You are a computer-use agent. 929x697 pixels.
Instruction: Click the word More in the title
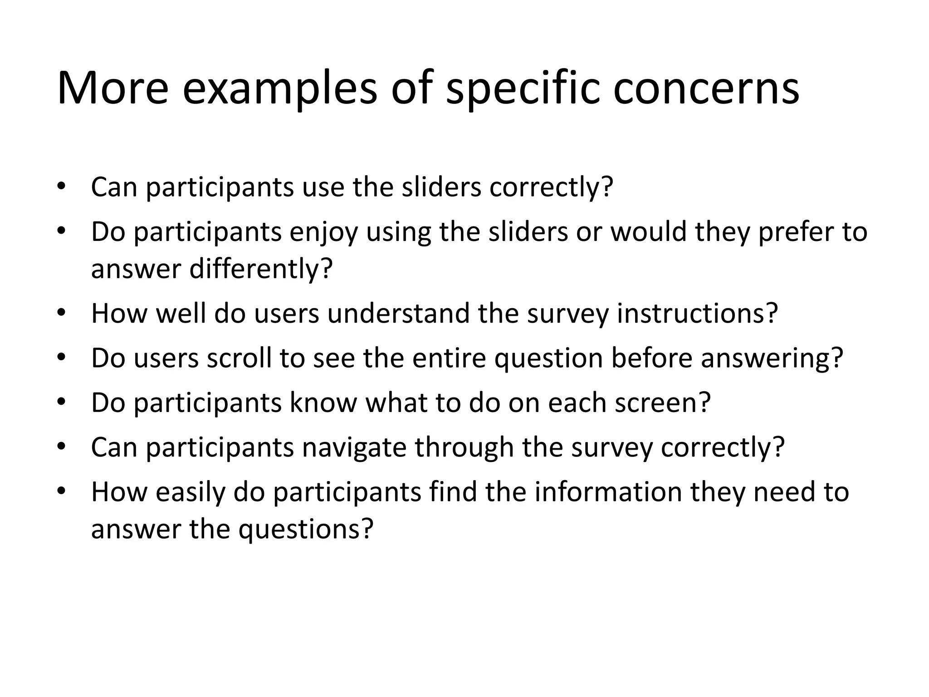point(112,88)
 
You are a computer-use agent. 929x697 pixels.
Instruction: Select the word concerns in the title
point(706,88)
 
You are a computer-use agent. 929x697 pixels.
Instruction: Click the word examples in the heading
point(279,88)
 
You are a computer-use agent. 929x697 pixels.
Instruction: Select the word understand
point(398,313)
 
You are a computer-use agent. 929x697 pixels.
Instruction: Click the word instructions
point(697,313)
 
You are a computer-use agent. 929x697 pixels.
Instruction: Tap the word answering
point(772,358)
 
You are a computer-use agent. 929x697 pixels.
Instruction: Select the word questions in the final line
point(305,529)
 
